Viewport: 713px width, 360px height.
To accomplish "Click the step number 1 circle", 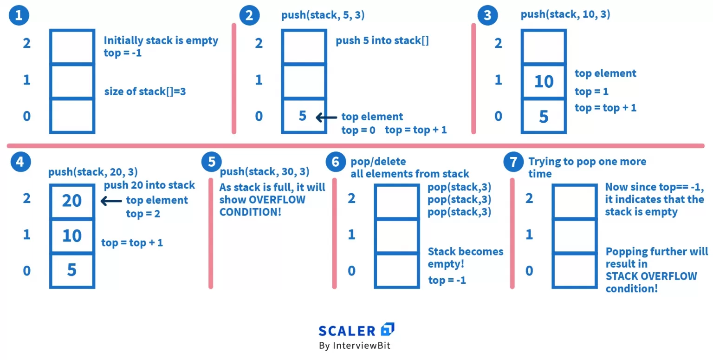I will point(19,15).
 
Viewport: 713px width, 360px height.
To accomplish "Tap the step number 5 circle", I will point(212,162).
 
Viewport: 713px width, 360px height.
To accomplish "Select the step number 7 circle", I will point(513,162).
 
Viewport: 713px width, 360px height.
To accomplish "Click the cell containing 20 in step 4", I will point(72,201).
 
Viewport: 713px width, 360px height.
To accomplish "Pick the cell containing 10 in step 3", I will point(544,82).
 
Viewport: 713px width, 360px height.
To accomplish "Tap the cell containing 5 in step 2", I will point(303,115).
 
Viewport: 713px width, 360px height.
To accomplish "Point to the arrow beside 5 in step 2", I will point(326,118).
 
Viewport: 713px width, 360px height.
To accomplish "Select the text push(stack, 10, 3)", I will point(565,14).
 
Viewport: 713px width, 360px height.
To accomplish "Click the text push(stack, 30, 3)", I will point(265,172).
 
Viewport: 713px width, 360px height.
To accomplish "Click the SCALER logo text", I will point(347,331).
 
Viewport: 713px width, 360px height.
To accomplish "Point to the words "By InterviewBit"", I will point(354,346).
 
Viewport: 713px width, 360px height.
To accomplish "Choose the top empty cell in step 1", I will point(72,47).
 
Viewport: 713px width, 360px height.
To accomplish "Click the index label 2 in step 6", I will point(351,198).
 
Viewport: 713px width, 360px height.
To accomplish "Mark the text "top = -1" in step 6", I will point(447,280).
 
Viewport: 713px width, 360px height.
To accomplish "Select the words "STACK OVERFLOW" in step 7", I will point(651,276).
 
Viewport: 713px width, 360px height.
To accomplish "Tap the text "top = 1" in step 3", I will point(591,92).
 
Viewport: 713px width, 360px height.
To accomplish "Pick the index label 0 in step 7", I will point(529,270).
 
